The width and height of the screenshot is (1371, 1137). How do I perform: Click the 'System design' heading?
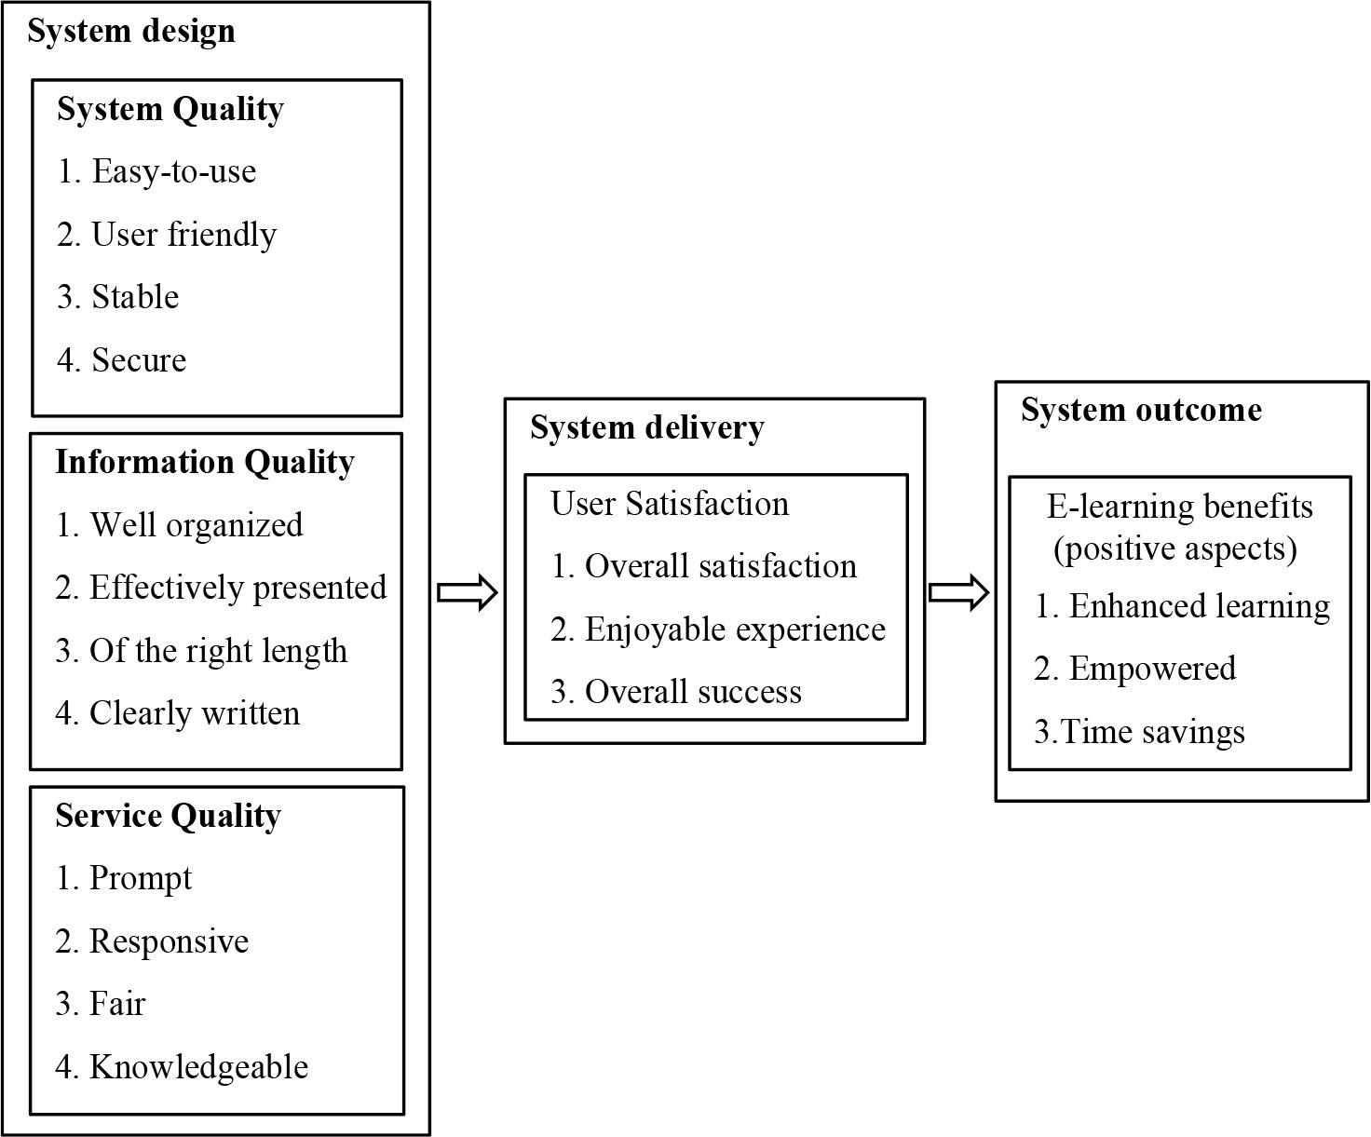(131, 32)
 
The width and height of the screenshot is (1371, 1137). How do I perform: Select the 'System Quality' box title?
(170, 110)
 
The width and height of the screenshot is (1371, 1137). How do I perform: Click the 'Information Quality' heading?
(205, 462)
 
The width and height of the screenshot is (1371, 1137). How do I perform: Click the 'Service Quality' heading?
(168, 816)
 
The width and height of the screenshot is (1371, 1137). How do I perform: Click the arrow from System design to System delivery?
(468, 593)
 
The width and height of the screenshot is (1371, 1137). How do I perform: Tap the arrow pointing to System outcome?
(958, 593)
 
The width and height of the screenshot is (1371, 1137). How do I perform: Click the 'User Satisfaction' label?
(670, 504)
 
